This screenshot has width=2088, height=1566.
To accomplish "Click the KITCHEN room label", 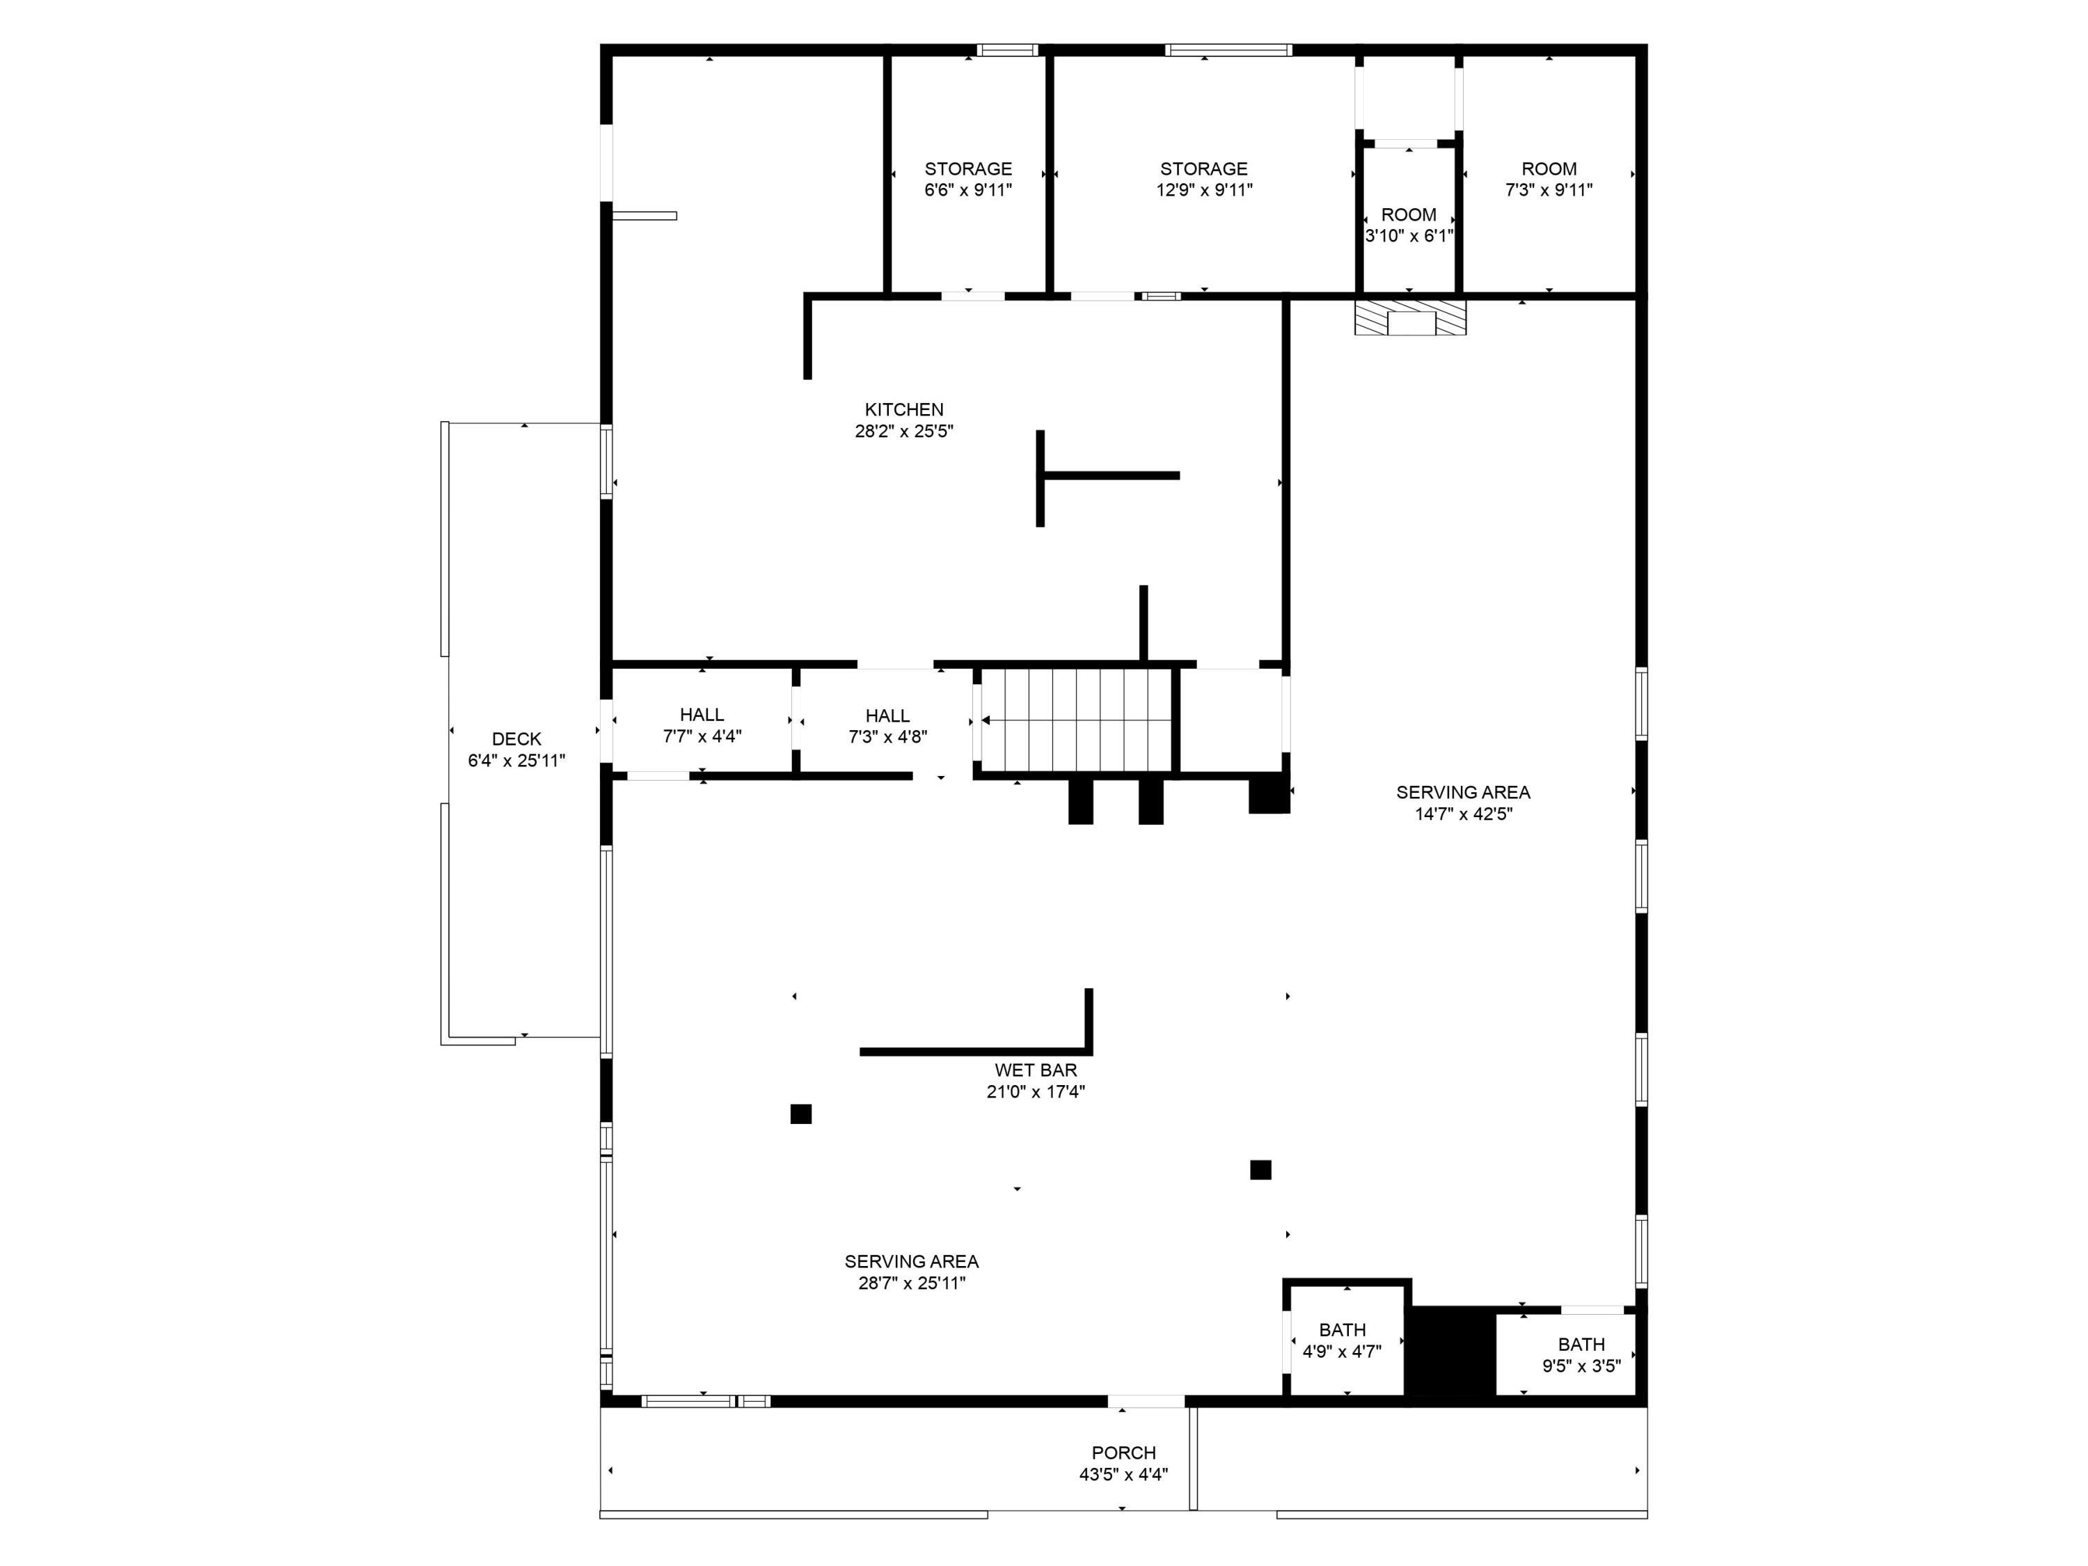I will [x=903, y=410].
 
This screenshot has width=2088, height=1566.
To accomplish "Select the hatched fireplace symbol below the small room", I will [x=1409, y=318].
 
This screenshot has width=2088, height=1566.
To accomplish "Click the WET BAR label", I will [x=1036, y=1070].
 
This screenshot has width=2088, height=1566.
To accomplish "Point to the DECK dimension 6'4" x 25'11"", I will [x=516, y=761].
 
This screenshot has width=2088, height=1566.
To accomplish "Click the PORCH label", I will [x=1123, y=1453].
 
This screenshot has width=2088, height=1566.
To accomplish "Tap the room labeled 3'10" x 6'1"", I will [x=1409, y=225].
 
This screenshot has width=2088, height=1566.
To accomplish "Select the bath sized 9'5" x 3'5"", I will [x=1581, y=1354].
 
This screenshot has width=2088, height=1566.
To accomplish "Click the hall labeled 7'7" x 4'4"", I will [x=702, y=725].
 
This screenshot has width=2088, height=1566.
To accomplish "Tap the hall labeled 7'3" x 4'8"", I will [x=887, y=726].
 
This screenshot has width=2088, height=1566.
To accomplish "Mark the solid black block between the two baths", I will [x=1451, y=1351].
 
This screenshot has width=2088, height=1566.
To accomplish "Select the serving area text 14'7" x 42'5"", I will [x=1463, y=814].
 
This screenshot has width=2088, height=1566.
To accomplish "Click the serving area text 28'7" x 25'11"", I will [x=911, y=1283].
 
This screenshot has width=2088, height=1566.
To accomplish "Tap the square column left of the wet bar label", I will [x=800, y=1114].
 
